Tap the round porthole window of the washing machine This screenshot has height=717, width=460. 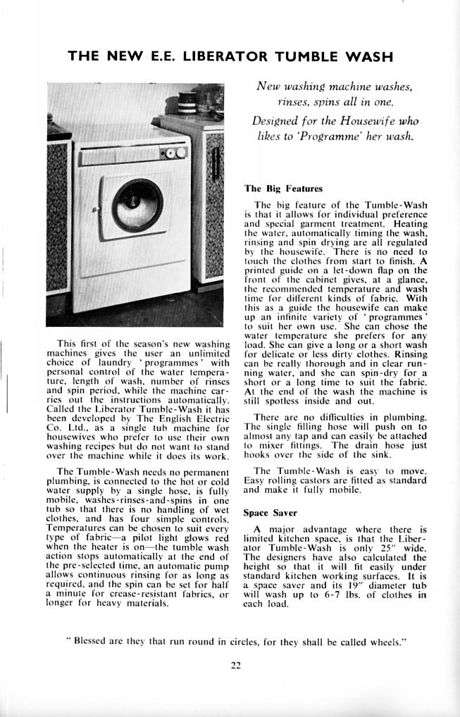(137, 204)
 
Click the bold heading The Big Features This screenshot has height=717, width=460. (283, 189)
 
